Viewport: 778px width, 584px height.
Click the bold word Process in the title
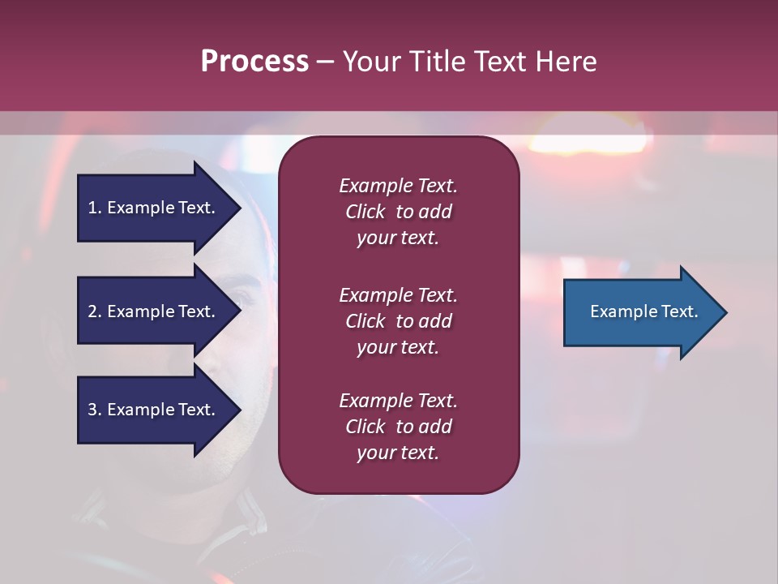pos(254,62)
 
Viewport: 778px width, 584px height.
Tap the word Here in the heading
pos(565,62)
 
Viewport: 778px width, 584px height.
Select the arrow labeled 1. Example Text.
pos(154,208)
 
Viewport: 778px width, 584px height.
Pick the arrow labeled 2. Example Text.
pos(154,311)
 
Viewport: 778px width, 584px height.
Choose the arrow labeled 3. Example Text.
pos(154,410)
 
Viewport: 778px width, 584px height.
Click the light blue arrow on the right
pos(640,312)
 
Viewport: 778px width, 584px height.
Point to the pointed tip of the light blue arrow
pos(725,312)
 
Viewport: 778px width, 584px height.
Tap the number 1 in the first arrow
pos(92,208)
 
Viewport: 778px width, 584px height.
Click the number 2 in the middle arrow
pos(92,311)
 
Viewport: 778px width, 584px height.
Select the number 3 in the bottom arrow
pos(92,410)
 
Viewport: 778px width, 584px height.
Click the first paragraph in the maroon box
pos(398,212)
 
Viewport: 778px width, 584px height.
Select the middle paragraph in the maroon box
pos(398,321)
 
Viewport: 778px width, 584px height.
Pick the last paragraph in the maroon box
pos(398,427)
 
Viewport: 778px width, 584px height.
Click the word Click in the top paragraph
pos(365,212)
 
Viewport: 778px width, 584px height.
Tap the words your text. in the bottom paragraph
pos(398,453)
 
